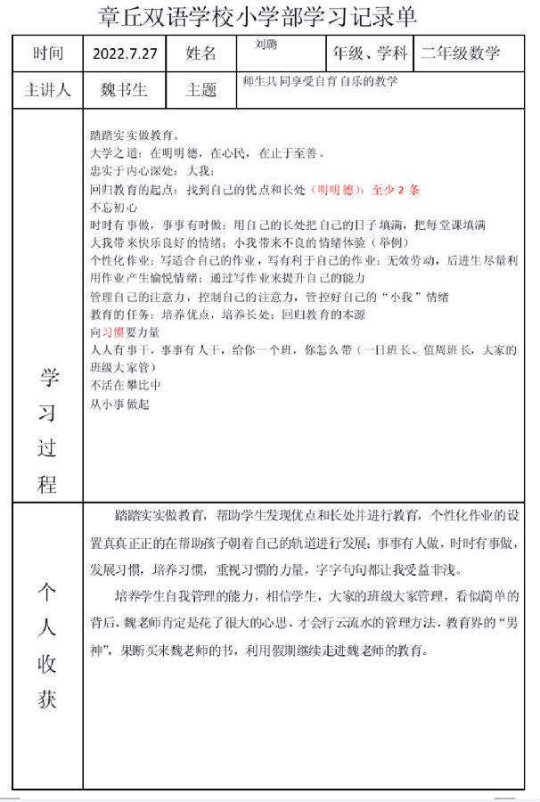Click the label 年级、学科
(x=370, y=53)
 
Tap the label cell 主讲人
(x=48, y=90)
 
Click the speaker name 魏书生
(x=125, y=90)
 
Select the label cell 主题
(x=201, y=90)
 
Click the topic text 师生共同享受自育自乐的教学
(x=319, y=81)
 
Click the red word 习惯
(x=112, y=331)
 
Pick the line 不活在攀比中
(x=125, y=386)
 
